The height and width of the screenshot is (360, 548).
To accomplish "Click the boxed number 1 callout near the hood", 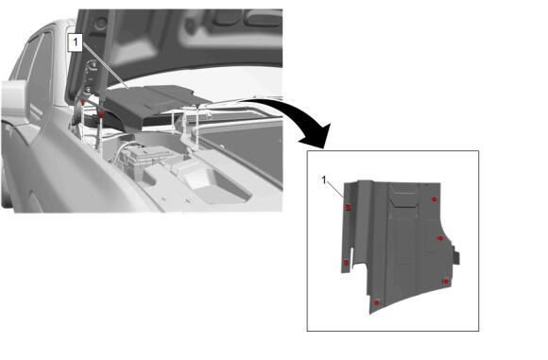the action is pos(75,43).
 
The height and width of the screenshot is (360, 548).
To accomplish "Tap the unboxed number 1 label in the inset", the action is pos(324,180).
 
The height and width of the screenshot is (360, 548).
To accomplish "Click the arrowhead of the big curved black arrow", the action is pos(316,136).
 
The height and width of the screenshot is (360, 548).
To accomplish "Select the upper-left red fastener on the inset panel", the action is pos(348,208).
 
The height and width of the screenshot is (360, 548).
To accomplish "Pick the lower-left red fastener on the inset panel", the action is pos(346,263).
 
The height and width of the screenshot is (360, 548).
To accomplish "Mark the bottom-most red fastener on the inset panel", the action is pos(376,302).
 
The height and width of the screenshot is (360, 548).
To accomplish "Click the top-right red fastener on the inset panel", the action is pos(434,199).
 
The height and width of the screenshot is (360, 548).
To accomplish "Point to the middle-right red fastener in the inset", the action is pos(440,238).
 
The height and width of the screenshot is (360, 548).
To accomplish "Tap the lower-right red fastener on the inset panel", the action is pos(446,281).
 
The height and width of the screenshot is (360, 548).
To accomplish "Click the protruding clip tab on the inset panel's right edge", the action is pos(455,255).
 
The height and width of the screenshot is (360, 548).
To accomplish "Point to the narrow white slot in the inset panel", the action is pos(351,258).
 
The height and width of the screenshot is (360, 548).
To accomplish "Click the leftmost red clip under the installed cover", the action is pos(83,103).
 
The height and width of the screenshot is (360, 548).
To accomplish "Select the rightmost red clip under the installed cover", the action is pos(197,106).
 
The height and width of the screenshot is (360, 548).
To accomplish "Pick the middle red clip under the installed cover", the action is pos(102,114).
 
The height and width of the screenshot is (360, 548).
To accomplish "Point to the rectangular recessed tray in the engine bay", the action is pos(217,185).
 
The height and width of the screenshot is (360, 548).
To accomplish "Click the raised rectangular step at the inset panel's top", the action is pos(404,197).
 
